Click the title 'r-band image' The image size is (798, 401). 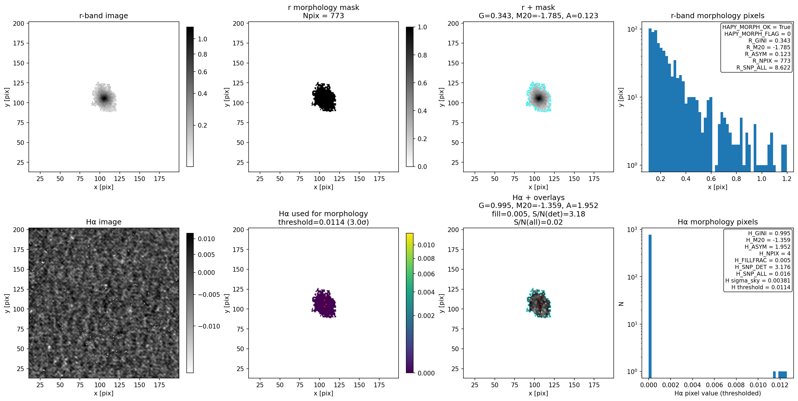104,16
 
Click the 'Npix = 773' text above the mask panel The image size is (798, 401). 323,16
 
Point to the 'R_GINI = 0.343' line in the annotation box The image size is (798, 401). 769,40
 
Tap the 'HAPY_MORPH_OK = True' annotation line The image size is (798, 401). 756,27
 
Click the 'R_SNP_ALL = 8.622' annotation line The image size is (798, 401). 763,67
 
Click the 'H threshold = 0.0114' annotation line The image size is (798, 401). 761,287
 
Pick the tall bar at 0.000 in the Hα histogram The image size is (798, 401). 650,306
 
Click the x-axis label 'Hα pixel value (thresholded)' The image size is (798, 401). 718,393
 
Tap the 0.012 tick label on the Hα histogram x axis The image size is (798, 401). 780,385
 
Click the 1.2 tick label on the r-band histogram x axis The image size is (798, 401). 787,179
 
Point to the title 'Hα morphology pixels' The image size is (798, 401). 718,222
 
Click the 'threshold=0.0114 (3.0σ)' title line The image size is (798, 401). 323,222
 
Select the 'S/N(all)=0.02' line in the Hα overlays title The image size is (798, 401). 538,222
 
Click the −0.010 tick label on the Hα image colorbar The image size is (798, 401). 207,326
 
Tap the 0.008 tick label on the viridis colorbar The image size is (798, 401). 426,258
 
